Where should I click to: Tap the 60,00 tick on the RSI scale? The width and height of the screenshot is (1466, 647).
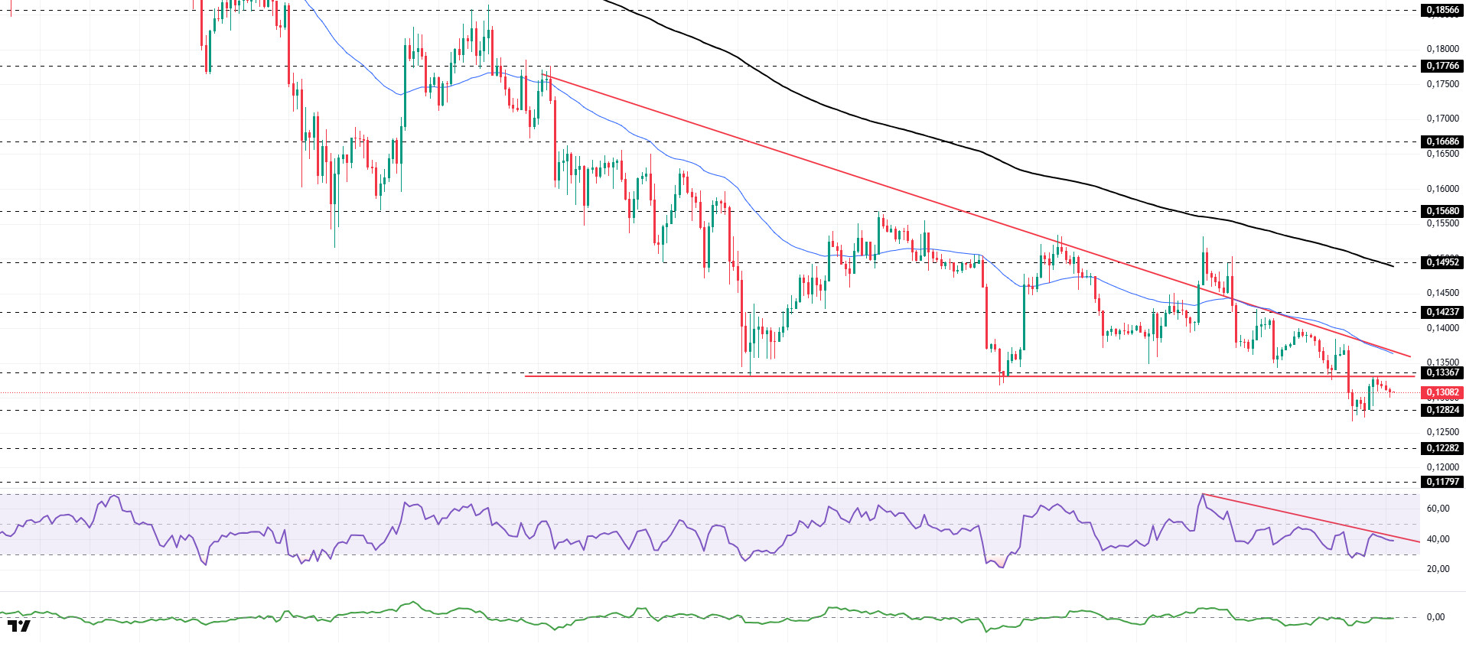1438,509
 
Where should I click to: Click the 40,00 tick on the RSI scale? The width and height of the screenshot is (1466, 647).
1438,539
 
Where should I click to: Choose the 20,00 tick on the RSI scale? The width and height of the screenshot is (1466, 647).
1438,569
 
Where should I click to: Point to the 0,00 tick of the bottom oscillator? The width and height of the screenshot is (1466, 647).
1435,617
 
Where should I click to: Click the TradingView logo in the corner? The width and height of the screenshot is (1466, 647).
20,626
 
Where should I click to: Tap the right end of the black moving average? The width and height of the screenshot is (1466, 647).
1393,266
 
